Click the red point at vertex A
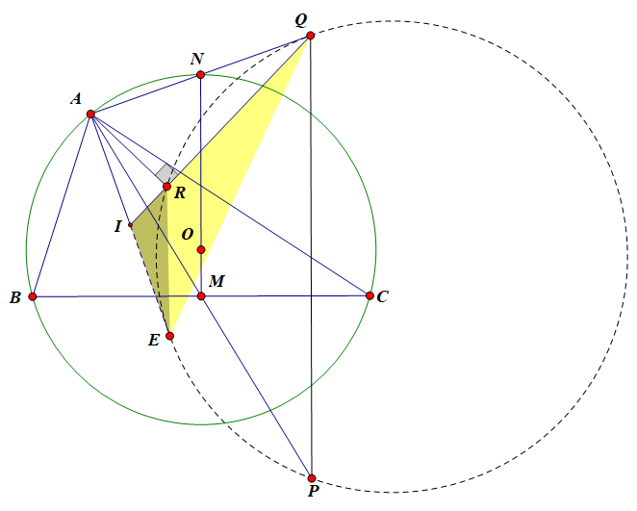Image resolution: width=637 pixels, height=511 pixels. click(90, 115)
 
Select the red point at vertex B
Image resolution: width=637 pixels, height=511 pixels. click(33, 296)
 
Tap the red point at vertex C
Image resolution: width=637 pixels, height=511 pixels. click(369, 295)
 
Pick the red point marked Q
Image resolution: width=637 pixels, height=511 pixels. click(310, 36)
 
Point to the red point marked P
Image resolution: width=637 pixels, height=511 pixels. click(312, 477)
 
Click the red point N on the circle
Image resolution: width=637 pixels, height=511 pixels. click(200, 75)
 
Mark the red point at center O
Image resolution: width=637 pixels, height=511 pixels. click(200, 250)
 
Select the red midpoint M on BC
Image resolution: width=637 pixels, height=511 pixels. click(201, 295)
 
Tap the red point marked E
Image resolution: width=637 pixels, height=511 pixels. click(169, 336)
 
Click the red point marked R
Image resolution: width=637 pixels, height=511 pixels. click(166, 187)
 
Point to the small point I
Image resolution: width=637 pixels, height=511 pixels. click(130, 225)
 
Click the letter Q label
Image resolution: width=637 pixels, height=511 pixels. click(301, 19)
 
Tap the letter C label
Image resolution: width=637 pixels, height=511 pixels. click(383, 297)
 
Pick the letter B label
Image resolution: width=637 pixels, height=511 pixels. click(15, 298)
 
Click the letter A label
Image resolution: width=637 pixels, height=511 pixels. click(75, 99)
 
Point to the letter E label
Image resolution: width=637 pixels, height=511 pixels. click(154, 340)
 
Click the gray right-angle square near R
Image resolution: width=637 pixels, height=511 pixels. click(166, 172)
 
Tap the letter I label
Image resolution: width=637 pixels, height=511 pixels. click(117, 226)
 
